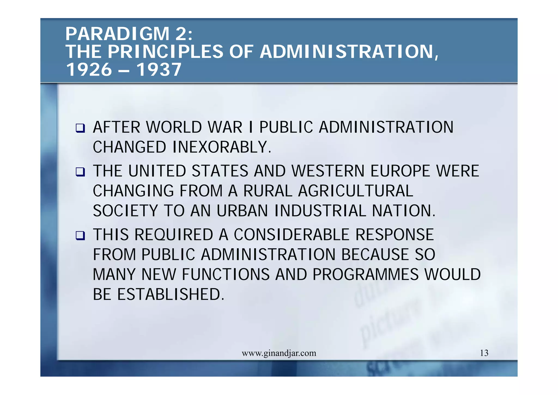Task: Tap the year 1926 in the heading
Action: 89,70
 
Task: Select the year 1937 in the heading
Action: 159,70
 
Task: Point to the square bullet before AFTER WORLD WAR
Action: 80,128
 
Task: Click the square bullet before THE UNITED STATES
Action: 80,172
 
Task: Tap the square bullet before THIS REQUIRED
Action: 80,235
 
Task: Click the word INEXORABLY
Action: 222,147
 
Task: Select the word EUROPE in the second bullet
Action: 400,171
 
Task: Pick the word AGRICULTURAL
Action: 356,191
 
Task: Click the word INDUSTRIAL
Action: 320,211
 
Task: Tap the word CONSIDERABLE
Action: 292,235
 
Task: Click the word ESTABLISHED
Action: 171,294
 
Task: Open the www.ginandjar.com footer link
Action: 279,353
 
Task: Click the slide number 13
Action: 484,353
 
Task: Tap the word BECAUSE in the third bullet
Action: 375,255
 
